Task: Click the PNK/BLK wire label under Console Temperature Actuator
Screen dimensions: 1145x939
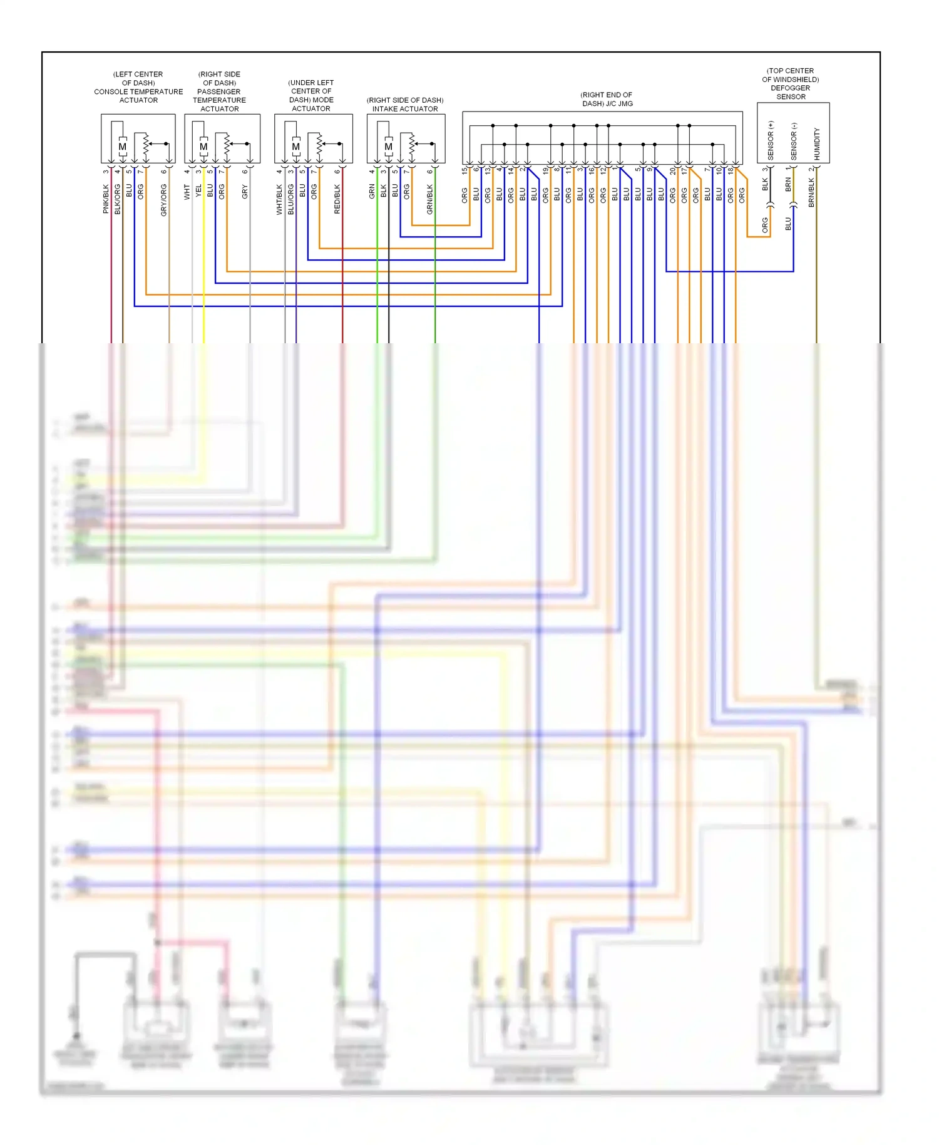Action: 106,199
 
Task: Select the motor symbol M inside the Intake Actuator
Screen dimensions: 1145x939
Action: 389,147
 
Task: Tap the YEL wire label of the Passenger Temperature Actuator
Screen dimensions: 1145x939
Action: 198,190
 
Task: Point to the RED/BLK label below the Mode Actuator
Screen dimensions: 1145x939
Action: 337,199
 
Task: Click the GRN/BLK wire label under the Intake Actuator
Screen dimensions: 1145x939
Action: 430,199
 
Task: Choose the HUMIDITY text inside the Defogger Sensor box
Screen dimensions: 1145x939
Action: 817,143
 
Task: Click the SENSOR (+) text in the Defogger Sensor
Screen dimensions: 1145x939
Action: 771,140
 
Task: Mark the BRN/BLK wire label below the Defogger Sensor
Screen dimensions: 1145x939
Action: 811,192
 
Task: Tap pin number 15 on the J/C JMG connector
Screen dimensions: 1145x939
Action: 464,170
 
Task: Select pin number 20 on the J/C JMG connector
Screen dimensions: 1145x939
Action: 673,170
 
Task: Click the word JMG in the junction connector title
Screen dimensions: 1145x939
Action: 624,103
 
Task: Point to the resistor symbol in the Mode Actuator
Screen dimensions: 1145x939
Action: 320,145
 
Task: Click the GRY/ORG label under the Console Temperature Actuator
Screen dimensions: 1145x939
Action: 164,200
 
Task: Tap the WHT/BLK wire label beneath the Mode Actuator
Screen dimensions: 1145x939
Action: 279,199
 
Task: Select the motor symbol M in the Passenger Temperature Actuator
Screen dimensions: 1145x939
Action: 203,147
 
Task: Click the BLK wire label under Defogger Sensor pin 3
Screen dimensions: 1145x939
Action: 765,184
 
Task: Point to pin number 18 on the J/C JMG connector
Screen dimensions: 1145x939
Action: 731,170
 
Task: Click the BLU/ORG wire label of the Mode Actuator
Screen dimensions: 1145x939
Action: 291,199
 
